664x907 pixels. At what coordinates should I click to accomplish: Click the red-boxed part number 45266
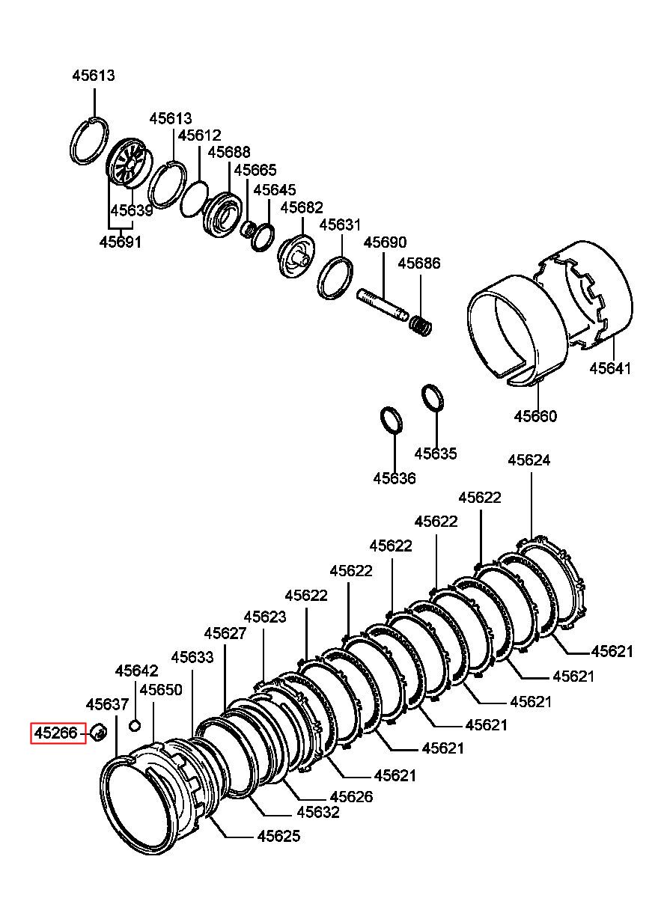point(55,733)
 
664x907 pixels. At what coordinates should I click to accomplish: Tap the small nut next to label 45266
point(99,732)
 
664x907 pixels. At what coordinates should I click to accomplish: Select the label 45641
point(609,368)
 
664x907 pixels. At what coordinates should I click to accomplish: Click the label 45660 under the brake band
point(535,416)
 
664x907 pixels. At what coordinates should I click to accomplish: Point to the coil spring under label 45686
point(421,325)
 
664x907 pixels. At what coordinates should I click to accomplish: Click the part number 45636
point(395,478)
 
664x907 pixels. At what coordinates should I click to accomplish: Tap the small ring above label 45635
point(433,397)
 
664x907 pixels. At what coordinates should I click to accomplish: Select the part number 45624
point(529,460)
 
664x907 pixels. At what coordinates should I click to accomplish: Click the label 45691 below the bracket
point(121,242)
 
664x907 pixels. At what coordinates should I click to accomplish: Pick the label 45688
point(229,152)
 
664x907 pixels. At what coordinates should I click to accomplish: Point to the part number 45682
point(302,207)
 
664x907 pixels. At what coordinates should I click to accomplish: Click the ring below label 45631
point(335,278)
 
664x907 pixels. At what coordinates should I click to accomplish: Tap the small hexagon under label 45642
point(135,726)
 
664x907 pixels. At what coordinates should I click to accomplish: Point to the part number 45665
point(255,170)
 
